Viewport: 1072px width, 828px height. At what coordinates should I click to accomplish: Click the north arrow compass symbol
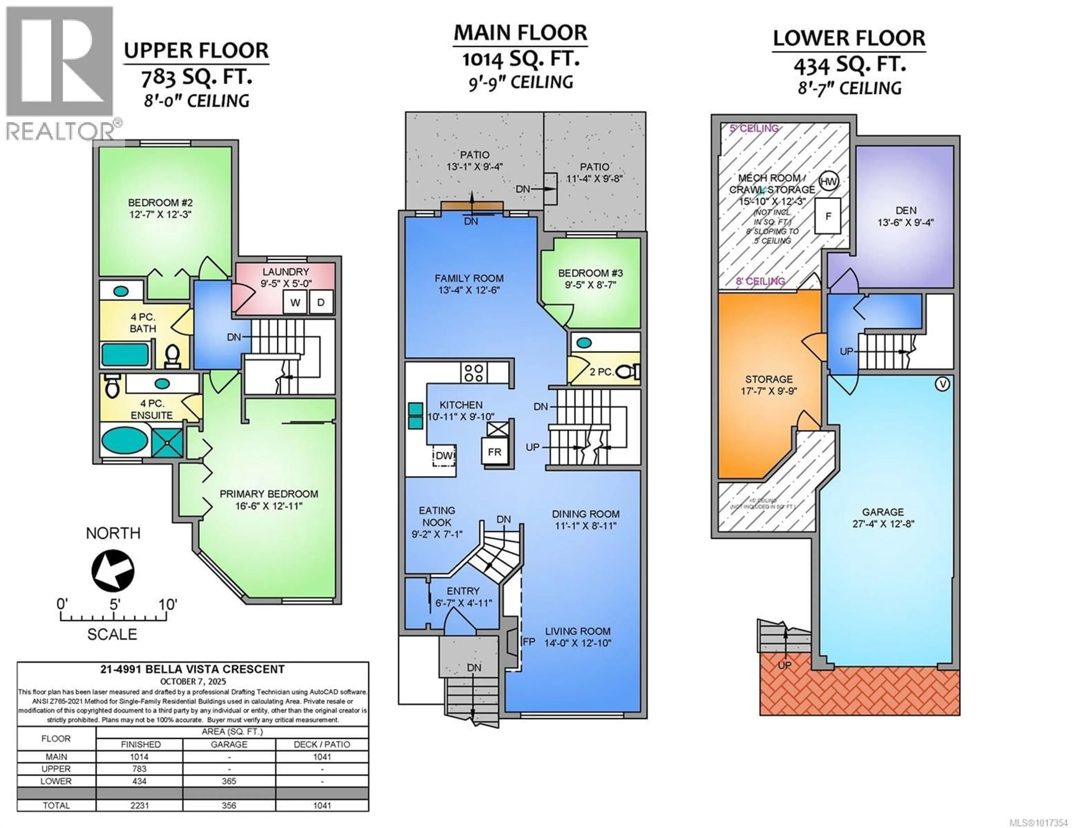click(113, 570)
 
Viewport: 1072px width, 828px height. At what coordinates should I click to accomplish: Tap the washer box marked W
click(295, 302)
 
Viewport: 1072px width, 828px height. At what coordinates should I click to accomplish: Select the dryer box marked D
click(320, 302)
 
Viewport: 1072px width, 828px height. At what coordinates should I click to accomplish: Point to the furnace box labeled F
click(828, 216)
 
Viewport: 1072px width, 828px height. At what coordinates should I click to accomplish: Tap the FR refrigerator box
click(494, 452)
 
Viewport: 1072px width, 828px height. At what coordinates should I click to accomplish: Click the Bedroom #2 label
click(160, 202)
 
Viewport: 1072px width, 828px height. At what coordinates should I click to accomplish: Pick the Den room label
click(906, 211)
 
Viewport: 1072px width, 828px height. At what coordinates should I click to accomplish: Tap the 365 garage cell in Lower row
click(229, 781)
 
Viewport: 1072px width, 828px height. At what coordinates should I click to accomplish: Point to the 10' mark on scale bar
click(167, 605)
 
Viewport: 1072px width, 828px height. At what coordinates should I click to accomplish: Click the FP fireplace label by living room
click(529, 642)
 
